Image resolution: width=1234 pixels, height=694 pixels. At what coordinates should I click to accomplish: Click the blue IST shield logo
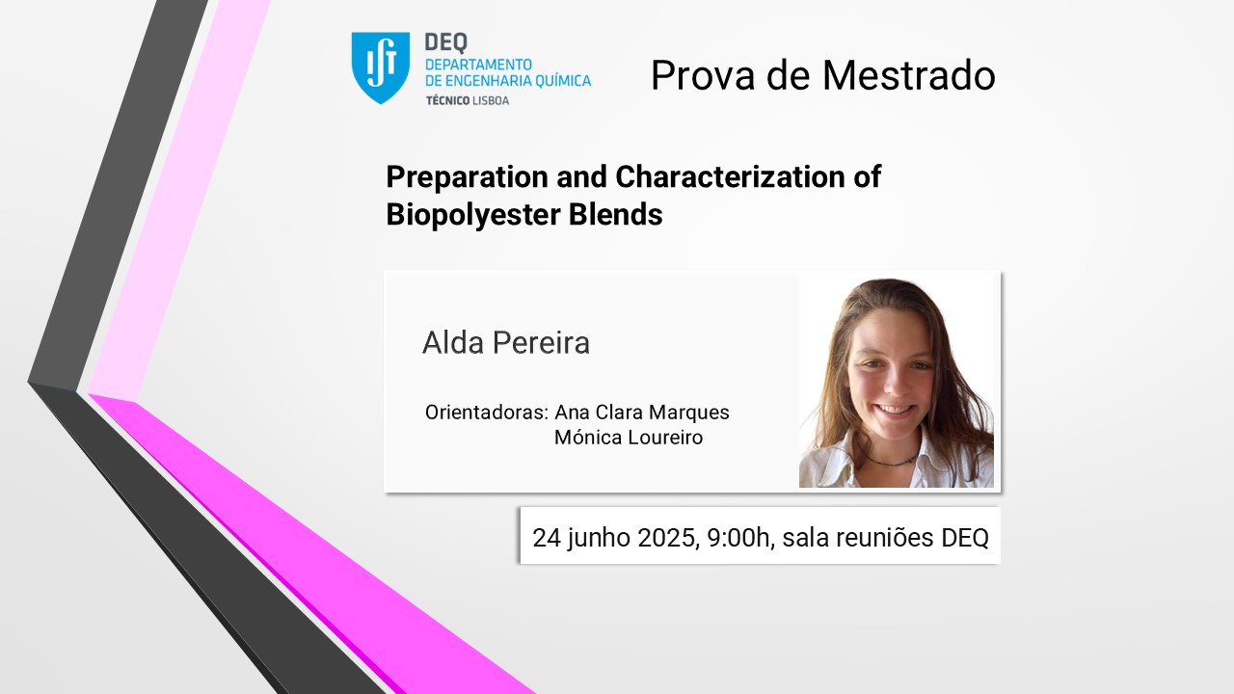[x=380, y=67]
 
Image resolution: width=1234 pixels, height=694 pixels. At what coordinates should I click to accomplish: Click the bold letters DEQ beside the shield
[x=446, y=42]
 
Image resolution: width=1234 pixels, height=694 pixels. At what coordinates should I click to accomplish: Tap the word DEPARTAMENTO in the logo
[x=478, y=65]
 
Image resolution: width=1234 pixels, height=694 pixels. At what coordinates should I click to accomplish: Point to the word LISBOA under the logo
[x=491, y=101]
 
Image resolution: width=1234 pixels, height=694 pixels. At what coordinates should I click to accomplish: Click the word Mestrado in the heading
[x=909, y=75]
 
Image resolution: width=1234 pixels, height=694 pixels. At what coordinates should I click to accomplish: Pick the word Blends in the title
[x=615, y=214]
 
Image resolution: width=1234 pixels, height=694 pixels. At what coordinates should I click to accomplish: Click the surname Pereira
[x=541, y=342]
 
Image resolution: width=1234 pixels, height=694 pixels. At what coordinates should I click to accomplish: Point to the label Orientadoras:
[x=487, y=412]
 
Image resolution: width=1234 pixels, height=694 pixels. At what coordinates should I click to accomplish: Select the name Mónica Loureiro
[x=629, y=438]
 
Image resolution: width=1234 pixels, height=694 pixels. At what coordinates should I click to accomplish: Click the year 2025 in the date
[x=668, y=538]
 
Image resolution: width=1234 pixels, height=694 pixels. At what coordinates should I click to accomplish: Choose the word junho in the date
[x=599, y=539]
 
